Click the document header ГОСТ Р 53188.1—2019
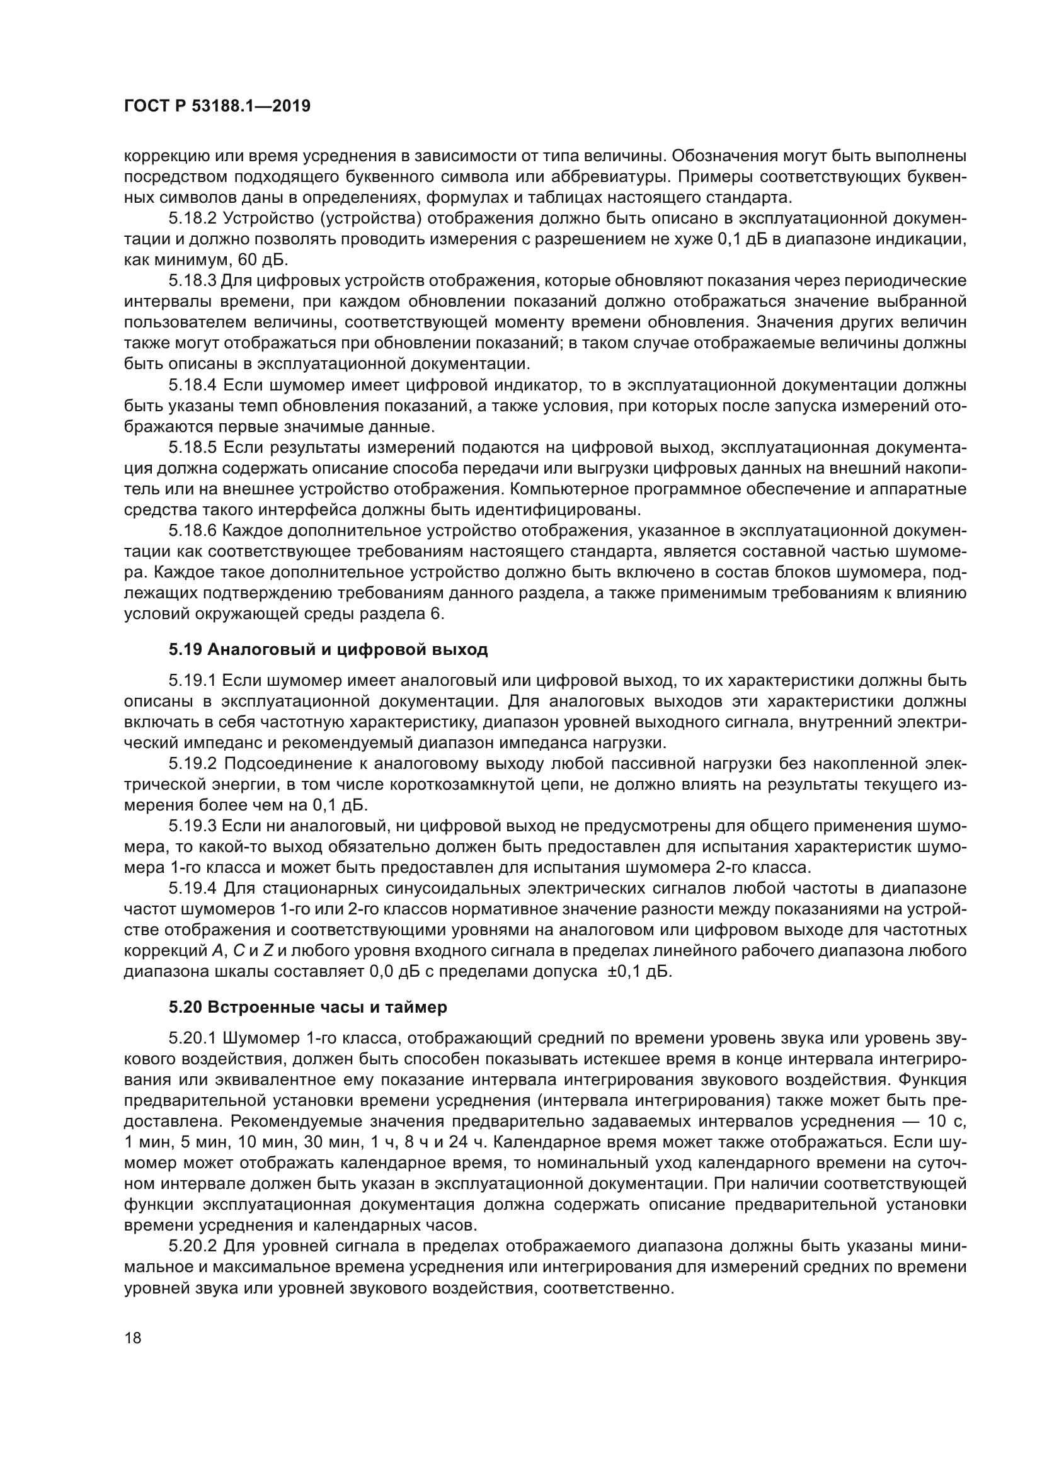coord(217,106)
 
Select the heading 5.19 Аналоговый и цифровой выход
coord(328,649)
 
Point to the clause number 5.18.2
coord(193,218)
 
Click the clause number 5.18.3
coord(193,280)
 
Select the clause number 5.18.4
coord(193,385)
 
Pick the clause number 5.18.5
coord(193,447)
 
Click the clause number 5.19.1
coord(193,680)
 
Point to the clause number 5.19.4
coord(193,889)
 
